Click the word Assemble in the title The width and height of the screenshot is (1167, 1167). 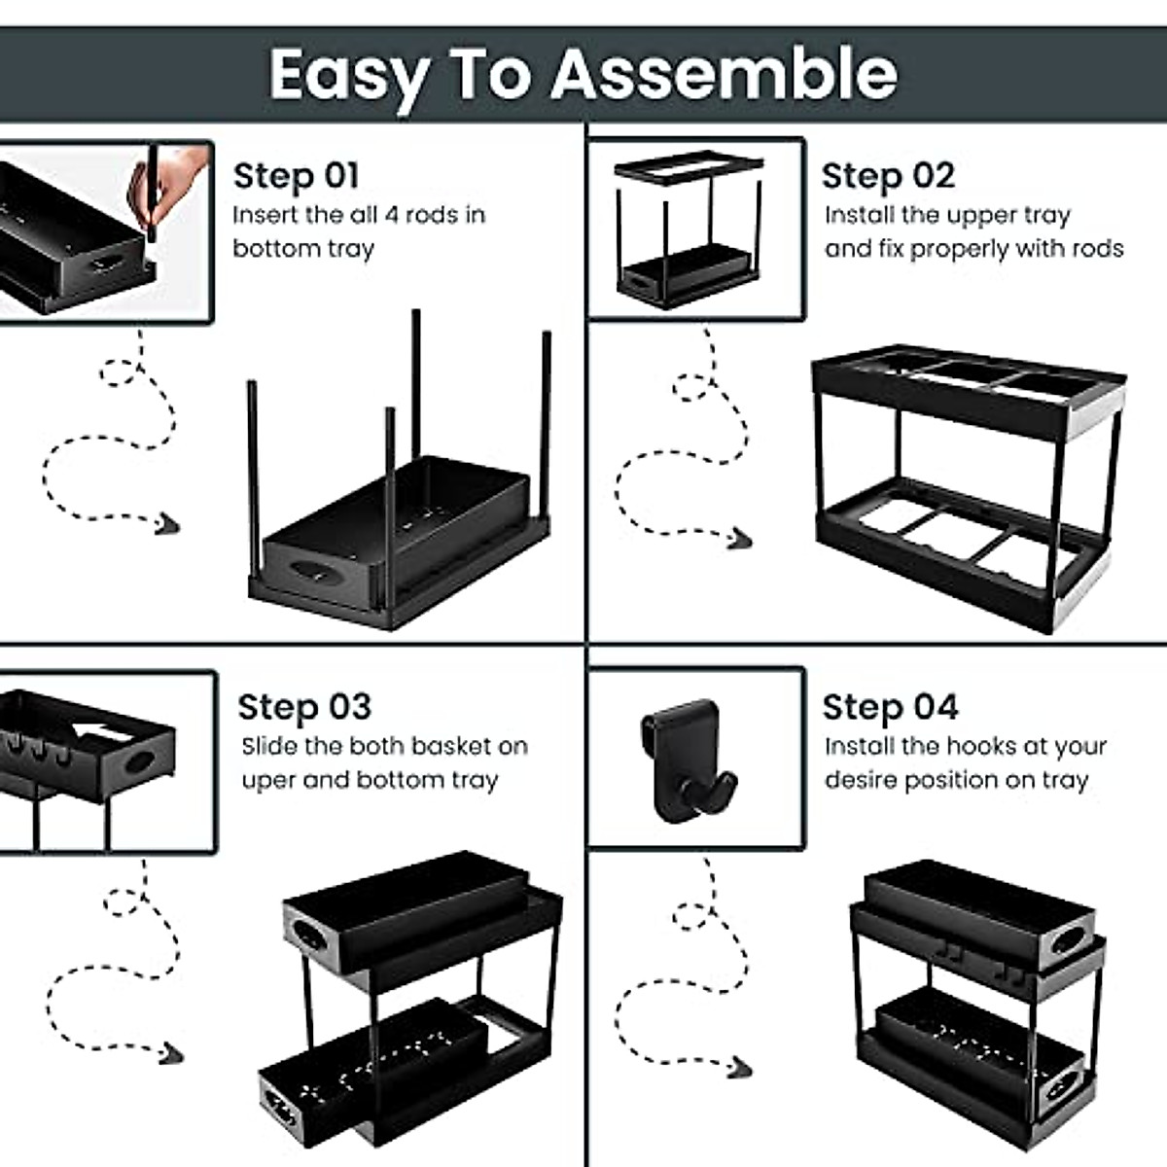click(x=724, y=74)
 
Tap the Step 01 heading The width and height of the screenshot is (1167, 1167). click(x=297, y=177)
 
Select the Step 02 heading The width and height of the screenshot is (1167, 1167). click(x=889, y=177)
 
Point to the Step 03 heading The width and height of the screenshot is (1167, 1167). click(x=304, y=707)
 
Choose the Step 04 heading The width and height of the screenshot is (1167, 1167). click(x=891, y=707)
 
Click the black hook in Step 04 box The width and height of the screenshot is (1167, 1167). click(x=688, y=760)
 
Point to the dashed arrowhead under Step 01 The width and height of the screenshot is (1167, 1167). click(x=166, y=524)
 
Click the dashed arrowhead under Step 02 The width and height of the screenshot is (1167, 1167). click(x=740, y=538)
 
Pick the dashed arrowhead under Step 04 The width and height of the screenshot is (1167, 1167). click(x=740, y=1067)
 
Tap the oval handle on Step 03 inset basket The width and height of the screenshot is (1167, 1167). click(x=141, y=761)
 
